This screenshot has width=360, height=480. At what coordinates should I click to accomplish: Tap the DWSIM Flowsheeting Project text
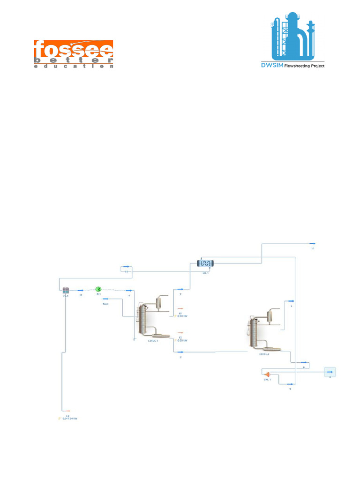pyautogui.click(x=292, y=66)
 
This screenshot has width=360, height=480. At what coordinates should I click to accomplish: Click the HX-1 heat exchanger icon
pyautogui.click(x=205, y=263)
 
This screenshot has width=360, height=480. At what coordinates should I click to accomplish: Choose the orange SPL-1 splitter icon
pyautogui.click(x=267, y=374)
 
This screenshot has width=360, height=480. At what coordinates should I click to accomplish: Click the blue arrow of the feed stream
pyautogui.click(x=106, y=298)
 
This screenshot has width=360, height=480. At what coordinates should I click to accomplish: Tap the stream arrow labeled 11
pyautogui.click(x=312, y=243)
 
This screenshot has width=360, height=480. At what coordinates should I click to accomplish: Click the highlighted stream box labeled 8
pyautogui.click(x=330, y=372)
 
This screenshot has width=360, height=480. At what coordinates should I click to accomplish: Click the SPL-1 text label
pyautogui.click(x=267, y=380)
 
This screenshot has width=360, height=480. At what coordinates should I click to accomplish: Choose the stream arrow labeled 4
pyautogui.click(x=129, y=290)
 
